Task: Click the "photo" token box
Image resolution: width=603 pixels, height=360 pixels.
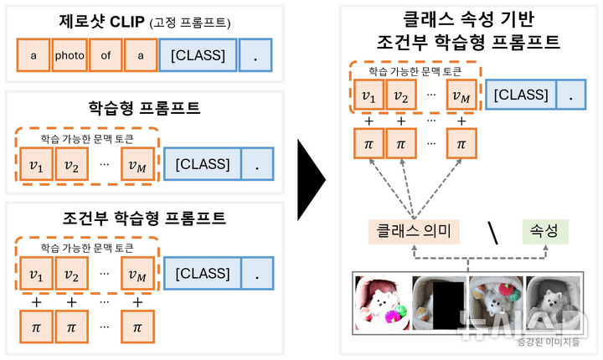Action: coord(70,56)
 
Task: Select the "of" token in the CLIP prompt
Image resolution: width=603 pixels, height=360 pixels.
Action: coord(105,56)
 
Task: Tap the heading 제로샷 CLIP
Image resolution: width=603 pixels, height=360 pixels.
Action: coord(100,21)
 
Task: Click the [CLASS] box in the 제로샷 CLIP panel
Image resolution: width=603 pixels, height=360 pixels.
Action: coord(198,56)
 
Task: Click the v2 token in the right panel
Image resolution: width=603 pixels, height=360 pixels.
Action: coord(401,96)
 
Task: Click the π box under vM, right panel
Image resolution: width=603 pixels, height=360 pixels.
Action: coord(460,144)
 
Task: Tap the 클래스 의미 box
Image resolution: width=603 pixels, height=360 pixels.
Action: coord(413,229)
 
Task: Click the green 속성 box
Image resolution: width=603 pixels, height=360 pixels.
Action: coord(544,229)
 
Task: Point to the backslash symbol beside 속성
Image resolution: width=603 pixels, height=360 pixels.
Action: coord(494,233)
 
